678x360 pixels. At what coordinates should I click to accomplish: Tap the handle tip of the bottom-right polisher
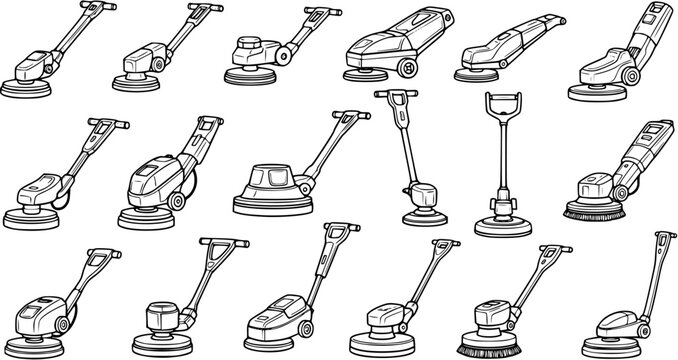click(661, 237)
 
